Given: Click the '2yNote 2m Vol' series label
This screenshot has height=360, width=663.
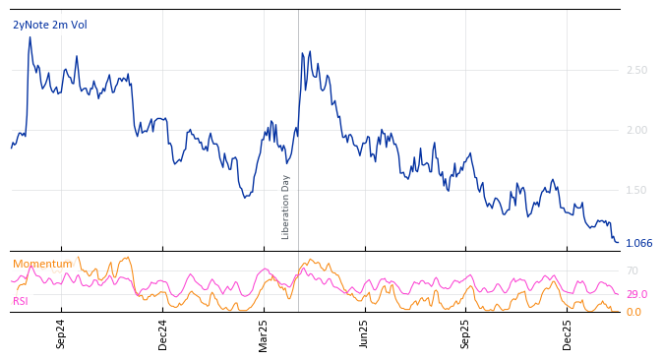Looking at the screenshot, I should [x=50, y=25].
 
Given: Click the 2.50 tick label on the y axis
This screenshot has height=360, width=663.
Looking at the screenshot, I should [x=636, y=70].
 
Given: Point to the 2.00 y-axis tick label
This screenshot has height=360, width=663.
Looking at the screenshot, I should [x=636, y=130].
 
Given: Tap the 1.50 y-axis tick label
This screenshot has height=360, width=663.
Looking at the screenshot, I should [x=636, y=190].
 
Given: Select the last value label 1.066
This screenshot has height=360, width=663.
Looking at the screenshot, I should [x=638, y=243].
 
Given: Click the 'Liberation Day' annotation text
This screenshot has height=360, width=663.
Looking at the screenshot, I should [x=286, y=207].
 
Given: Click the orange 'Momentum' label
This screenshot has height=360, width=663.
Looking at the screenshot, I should [x=42, y=264].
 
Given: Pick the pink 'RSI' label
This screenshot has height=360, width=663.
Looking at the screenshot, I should [x=21, y=301].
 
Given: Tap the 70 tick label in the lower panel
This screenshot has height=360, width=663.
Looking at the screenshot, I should [x=633, y=270].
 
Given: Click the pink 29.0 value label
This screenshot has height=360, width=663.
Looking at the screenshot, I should [x=636, y=294].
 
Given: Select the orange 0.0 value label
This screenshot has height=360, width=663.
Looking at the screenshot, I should [x=633, y=312].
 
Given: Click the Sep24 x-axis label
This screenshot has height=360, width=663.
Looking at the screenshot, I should [x=61, y=333].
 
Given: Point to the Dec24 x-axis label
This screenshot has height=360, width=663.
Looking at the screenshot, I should [x=163, y=333].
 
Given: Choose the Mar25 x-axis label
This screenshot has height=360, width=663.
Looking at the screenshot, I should [x=264, y=333].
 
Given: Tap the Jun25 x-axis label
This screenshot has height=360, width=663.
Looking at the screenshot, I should [x=364, y=333].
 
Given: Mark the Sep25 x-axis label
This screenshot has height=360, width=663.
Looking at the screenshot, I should [x=465, y=333].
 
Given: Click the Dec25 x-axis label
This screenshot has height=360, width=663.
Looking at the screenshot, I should [x=568, y=333].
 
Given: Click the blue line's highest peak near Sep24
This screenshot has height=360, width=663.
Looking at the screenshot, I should [x=30, y=37].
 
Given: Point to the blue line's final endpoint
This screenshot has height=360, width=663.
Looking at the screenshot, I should [x=618, y=241].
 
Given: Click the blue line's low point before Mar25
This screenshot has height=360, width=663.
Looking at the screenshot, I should [x=245, y=198].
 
